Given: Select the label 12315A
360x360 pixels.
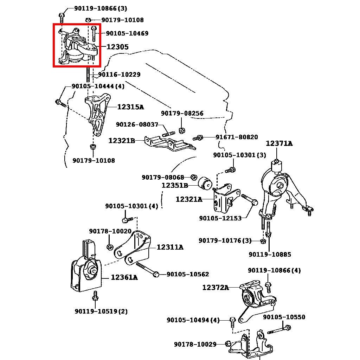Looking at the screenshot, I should pos(130,107).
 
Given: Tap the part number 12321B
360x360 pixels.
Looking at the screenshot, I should pos(122,141).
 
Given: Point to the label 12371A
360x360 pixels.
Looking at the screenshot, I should pos(279,143).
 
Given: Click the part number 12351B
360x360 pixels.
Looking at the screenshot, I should pos(175,185).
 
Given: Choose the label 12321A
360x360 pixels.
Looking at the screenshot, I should pos(189,199).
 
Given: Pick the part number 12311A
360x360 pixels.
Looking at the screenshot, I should pos(170,247).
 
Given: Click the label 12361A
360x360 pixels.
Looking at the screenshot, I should pos(124,278).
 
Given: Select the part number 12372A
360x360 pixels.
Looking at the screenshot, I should pos(215,288).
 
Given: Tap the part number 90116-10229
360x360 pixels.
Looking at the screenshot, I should pos(119,75).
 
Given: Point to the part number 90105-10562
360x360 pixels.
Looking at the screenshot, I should pos(188,274).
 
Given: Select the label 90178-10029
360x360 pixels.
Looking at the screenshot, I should pos(195,344).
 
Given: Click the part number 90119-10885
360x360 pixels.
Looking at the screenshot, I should pos(270,254).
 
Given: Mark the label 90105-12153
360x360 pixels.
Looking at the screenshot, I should pos(220,218).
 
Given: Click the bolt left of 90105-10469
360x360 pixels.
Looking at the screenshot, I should pos(94,33).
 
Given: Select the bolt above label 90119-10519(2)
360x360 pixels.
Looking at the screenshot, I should pos(95,297).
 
